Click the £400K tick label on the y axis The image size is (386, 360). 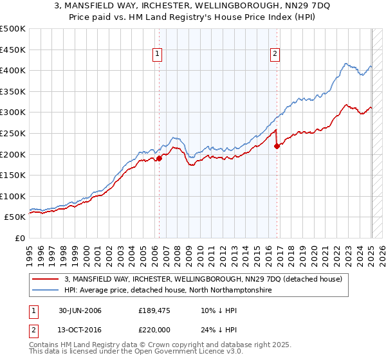click(x=13, y=70)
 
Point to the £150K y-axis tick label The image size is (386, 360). click(x=13, y=175)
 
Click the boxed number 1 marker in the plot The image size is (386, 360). click(x=158, y=55)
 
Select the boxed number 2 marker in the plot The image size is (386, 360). click(x=275, y=55)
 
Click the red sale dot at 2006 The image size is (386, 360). click(x=160, y=158)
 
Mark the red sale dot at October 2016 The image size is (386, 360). click(x=277, y=146)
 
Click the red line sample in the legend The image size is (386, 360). click(x=46, y=279)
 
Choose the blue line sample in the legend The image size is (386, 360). click(x=46, y=291)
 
